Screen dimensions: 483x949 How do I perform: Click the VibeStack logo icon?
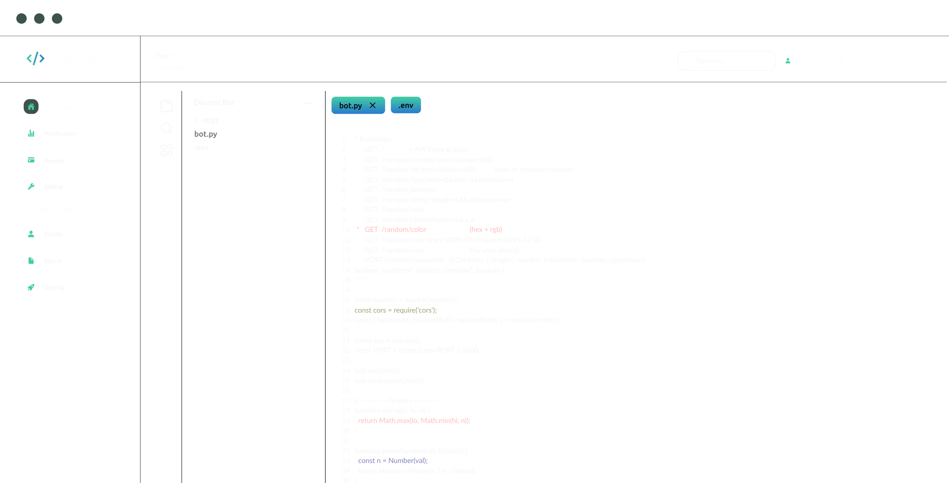[x=36, y=58]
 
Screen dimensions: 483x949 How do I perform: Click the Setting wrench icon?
[x=31, y=187]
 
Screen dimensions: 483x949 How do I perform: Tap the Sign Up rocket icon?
[x=31, y=287]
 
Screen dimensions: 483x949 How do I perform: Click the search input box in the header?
[x=727, y=61]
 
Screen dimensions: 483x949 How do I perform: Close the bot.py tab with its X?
[x=373, y=106]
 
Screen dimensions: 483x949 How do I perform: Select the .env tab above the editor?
[x=406, y=106]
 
